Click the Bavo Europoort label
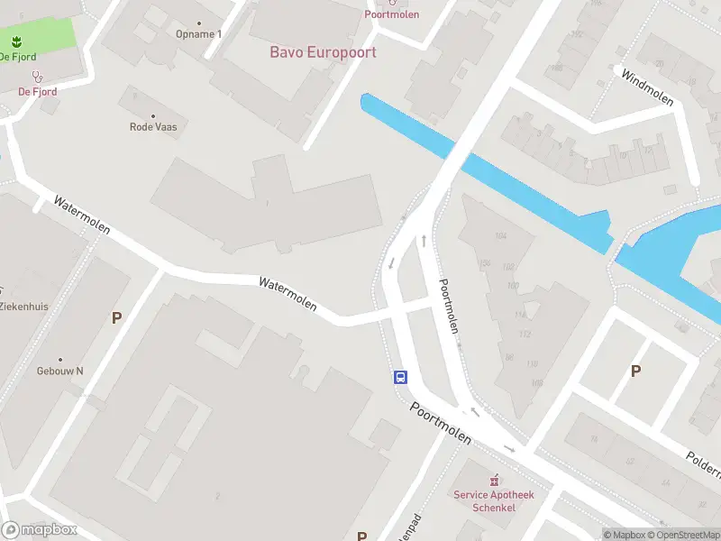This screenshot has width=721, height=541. point(323,52)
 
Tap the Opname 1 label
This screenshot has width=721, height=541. point(197,34)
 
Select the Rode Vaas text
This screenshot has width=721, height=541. point(153,127)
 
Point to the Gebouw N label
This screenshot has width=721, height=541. point(60,371)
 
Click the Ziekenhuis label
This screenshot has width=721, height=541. point(24,307)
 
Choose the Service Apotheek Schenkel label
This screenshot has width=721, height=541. point(493,500)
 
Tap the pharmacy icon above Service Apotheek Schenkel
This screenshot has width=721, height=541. point(493,481)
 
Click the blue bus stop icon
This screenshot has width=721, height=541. point(400,378)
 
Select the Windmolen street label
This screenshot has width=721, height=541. point(647,87)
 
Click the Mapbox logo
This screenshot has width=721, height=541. point(39,529)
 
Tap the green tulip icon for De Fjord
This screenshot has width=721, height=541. point(17,41)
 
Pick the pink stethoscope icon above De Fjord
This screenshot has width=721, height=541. point(37,77)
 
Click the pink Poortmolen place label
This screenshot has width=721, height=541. point(391,14)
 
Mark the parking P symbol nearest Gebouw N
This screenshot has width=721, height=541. point(115,317)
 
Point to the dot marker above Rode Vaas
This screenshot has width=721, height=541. point(153,115)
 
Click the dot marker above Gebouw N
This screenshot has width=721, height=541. point(60,359)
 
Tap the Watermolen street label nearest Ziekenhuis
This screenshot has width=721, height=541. point(81,215)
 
